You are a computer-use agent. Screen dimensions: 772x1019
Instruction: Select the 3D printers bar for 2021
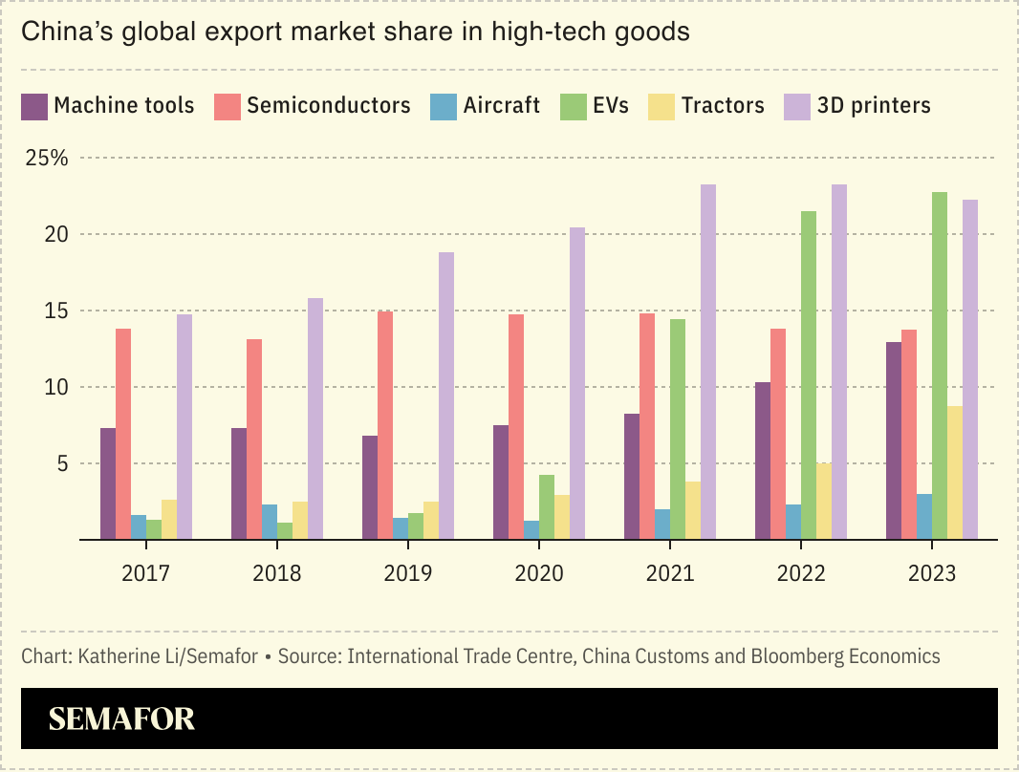[x=708, y=362]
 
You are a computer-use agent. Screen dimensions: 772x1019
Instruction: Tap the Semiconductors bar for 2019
[x=385, y=425]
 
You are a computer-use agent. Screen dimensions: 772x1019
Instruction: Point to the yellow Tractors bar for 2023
[x=955, y=473]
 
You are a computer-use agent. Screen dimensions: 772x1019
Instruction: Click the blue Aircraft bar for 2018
[x=270, y=522]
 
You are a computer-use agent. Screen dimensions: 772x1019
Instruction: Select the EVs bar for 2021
[x=678, y=429]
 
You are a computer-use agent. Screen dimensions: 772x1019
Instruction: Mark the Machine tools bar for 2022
[x=763, y=461]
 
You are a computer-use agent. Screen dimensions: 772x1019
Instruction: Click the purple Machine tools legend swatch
[x=34, y=106]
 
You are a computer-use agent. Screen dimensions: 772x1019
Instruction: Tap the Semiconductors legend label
[x=328, y=105]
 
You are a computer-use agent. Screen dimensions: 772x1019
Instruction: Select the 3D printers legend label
[x=874, y=105]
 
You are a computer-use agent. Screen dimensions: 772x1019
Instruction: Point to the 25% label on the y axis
[x=47, y=158]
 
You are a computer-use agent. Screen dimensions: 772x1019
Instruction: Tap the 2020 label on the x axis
[x=538, y=573]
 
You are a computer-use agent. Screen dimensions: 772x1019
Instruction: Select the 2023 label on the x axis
[x=932, y=573]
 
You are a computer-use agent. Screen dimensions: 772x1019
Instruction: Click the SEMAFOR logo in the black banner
[x=121, y=718]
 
